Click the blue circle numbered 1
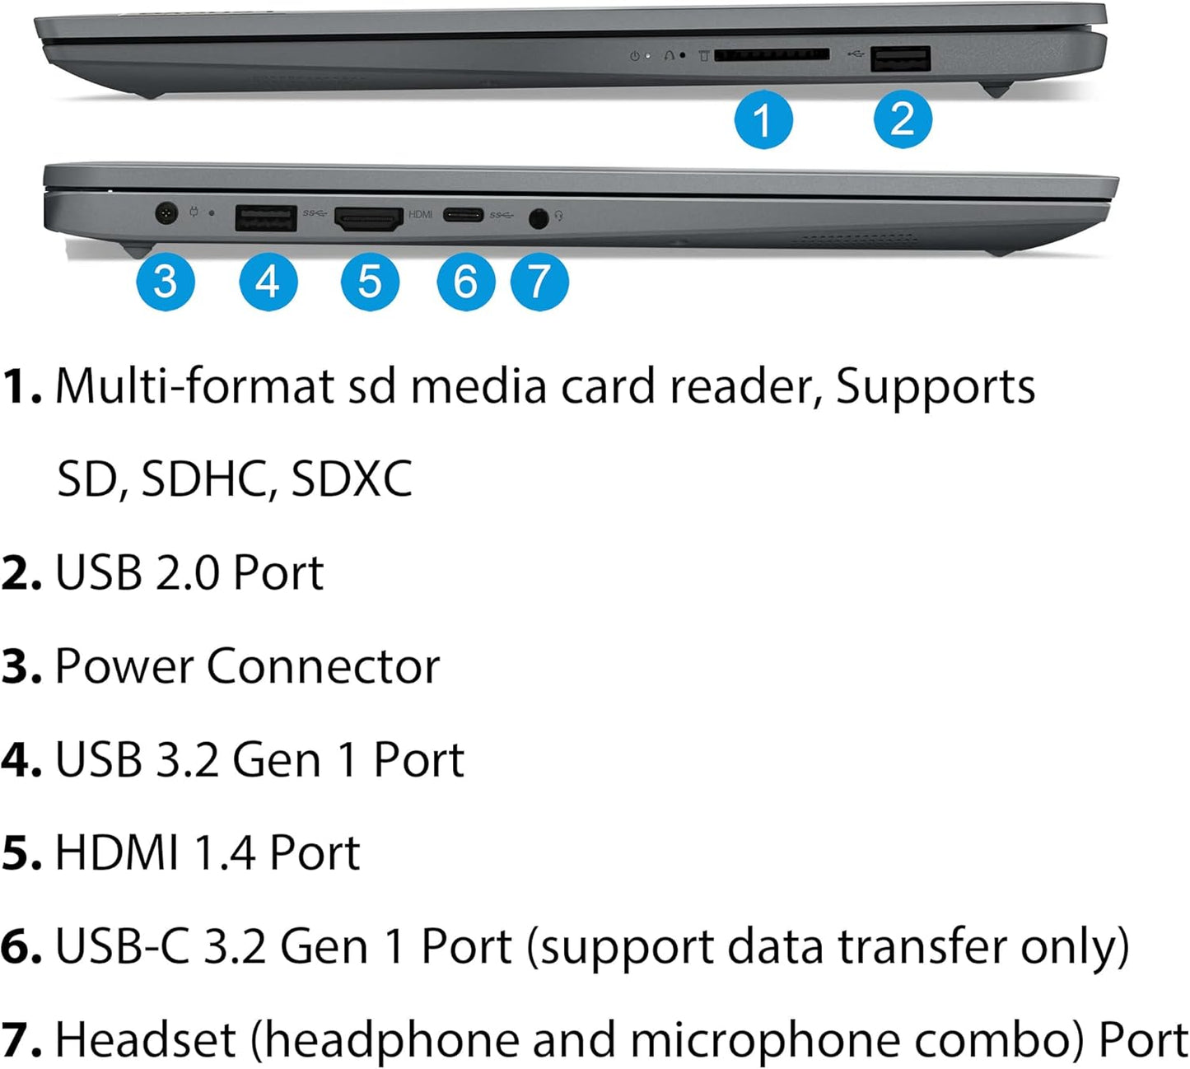[x=763, y=119]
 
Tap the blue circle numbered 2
[x=902, y=119]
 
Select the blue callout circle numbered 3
[x=166, y=282]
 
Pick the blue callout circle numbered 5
[x=370, y=282]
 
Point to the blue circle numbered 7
[x=539, y=282]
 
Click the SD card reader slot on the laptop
[x=771, y=55]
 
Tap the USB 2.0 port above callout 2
[x=901, y=59]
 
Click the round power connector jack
[x=167, y=214]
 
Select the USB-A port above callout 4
[x=265, y=218]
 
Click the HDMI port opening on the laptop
[x=368, y=218]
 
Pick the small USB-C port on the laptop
[x=463, y=216]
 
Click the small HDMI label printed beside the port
[x=420, y=214]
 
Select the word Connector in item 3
[x=323, y=666]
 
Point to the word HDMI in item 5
[x=116, y=852]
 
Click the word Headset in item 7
[x=146, y=1039]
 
